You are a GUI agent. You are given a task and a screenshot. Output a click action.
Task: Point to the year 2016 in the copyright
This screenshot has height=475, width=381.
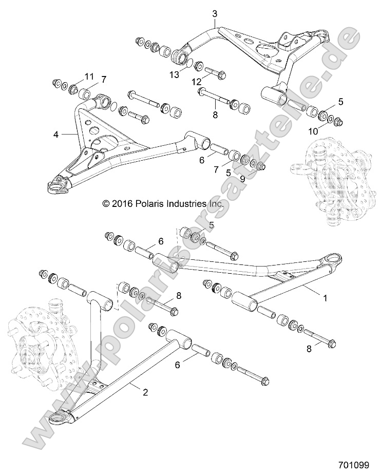pyautogui.click(x=123, y=204)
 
